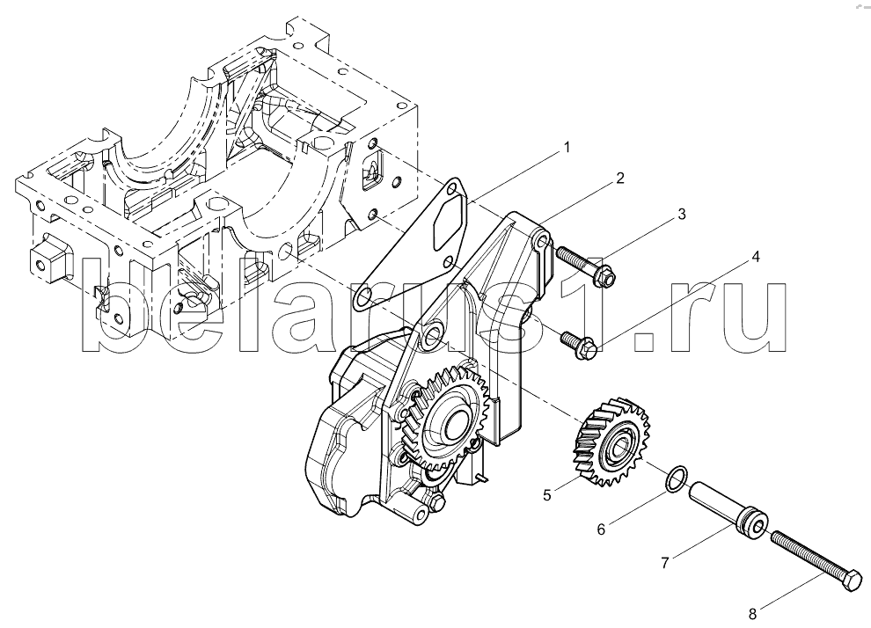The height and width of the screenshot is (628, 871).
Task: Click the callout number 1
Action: tap(567, 147)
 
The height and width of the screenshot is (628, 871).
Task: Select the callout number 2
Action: tap(620, 178)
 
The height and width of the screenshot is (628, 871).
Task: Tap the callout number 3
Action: tap(682, 214)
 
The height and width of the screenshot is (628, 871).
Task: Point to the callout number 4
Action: tap(756, 256)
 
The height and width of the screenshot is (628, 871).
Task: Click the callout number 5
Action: tap(547, 494)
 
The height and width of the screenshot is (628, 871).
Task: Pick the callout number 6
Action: tap(601, 529)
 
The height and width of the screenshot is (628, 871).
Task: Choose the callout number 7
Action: tap(665, 563)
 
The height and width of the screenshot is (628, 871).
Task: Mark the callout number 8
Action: tap(753, 614)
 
